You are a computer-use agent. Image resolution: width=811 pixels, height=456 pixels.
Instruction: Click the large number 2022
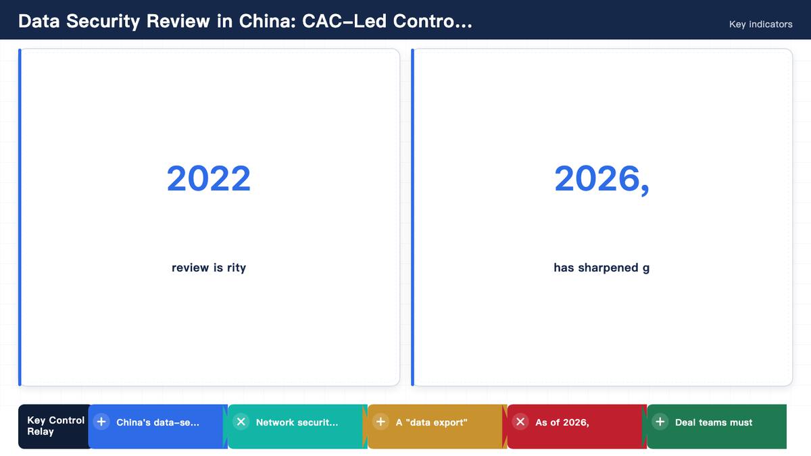[209, 178]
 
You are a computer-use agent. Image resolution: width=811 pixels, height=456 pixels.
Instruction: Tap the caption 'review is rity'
[209, 268]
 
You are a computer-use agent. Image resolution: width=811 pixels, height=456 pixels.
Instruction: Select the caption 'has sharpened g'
[601, 268]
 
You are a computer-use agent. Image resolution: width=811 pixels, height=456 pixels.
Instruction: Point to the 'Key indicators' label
[761, 24]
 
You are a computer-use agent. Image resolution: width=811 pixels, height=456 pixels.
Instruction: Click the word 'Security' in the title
[103, 22]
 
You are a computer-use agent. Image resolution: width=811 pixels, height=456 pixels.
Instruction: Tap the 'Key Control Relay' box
[55, 426]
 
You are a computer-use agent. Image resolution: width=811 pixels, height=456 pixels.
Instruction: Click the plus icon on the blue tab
[101, 422]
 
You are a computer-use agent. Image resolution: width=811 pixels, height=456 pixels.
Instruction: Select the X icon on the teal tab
[241, 422]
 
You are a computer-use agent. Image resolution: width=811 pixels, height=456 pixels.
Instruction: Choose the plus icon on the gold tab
[380, 422]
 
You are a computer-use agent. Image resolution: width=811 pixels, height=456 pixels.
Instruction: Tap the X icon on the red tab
[520, 422]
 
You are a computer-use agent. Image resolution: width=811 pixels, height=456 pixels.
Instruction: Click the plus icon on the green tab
[660, 422]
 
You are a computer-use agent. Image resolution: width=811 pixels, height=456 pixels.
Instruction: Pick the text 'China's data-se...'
[157, 422]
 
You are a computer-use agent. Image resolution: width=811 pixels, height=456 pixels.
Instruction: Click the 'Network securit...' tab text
[297, 422]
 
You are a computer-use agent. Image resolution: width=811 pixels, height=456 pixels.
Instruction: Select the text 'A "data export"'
[432, 422]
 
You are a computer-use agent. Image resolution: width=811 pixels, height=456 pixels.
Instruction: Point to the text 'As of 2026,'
[562, 422]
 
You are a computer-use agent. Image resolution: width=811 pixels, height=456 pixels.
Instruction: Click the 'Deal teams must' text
[714, 422]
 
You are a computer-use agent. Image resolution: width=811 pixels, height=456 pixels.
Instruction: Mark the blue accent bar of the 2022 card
[20, 217]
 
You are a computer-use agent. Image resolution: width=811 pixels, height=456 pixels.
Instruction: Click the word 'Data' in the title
[39, 21]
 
